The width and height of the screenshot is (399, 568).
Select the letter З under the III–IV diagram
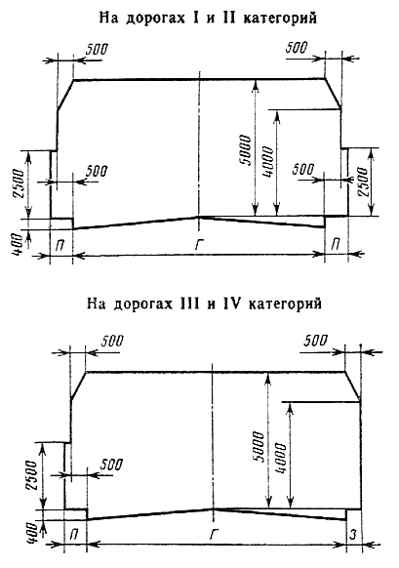[x=353, y=534]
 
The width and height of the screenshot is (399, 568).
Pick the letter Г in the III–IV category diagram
[x=214, y=534]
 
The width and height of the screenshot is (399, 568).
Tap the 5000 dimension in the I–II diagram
[x=245, y=150]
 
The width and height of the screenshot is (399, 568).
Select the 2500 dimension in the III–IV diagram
[x=31, y=475]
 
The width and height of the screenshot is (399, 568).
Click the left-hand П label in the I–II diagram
[x=60, y=245]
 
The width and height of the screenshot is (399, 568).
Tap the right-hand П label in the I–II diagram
[x=336, y=244]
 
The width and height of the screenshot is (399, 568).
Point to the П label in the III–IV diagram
[x=74, y=535]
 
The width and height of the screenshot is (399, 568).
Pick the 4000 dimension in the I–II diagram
[x=267, y=162]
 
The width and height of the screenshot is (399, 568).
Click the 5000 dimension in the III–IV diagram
[x=259, y=446]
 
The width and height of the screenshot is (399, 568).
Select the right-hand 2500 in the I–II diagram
[x=363, y=182]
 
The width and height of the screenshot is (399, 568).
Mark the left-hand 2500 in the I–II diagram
[x=18, y=183]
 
